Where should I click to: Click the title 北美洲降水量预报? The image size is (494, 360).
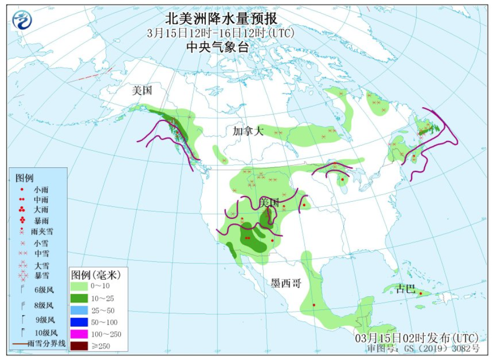tap(221, 19)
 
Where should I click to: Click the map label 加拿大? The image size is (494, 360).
tap(248, 131)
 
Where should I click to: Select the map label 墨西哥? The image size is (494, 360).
tap(286, 284)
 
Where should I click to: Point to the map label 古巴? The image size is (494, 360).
tap(405, 289)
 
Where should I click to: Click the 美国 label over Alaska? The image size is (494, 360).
tap(142, 91)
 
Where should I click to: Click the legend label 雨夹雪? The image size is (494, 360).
tap(42, 232)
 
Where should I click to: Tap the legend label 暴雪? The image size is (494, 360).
tap(41, 276)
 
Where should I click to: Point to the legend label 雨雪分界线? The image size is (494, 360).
tap(47, 344)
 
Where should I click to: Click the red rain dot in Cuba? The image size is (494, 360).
tap(421, 294)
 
